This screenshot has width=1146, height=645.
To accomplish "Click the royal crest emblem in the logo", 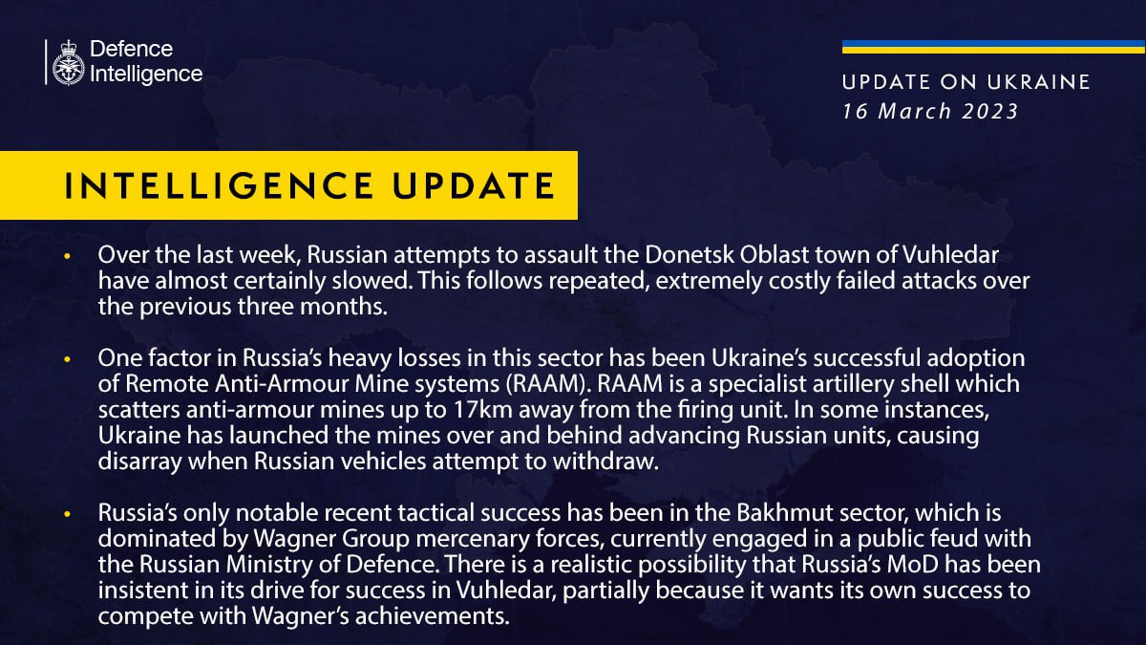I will (69, 63).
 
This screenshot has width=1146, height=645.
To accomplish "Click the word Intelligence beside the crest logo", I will (146, 74).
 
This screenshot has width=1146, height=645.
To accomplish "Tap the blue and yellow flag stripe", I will (993, 47).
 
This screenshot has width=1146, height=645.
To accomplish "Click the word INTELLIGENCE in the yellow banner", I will (224, 186).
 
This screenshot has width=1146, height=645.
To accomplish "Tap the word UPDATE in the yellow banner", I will (477, 186).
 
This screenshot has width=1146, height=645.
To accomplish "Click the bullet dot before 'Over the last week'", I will (67, 258).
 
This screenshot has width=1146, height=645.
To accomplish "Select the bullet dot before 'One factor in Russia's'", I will (67, 359).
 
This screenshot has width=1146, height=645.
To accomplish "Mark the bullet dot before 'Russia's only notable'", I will (67, 515).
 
